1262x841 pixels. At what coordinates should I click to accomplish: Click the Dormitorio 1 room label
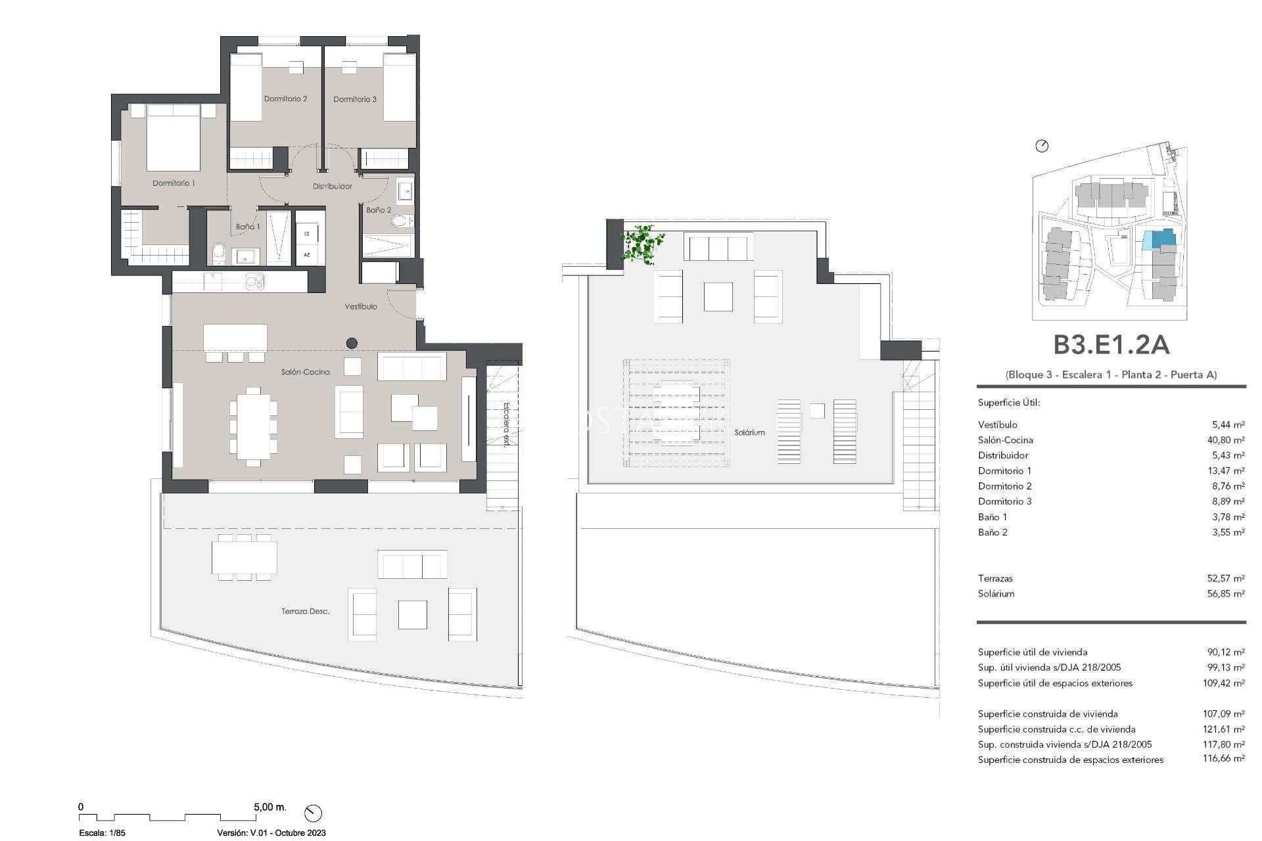tap(174, 183)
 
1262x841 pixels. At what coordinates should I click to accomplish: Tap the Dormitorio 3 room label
tap(355, 99)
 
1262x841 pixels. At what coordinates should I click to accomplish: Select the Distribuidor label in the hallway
tap(332, 187)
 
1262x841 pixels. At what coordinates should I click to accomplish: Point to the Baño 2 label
tap(379, 210)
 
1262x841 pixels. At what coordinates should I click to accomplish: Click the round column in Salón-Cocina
tap(352, 343)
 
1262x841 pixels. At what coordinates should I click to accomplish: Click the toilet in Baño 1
tap(219, 252)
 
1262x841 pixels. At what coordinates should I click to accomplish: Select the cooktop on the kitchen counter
tap(255, 282)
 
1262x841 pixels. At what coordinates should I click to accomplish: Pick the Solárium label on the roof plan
tap(749, 432)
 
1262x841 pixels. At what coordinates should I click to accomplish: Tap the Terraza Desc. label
tap(305, 612)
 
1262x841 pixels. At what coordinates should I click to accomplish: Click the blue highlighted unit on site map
tap(1158, 239)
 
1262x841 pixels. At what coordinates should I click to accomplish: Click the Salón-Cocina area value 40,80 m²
tap(1225, 440)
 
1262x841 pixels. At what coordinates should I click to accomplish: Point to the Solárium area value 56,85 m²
tap(1225, 594)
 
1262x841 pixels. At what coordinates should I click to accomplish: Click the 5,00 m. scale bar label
tap(270, 807)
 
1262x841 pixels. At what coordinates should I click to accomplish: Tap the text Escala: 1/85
tap(102, 833)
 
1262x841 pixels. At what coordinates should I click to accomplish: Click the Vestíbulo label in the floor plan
tap(361, 307)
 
